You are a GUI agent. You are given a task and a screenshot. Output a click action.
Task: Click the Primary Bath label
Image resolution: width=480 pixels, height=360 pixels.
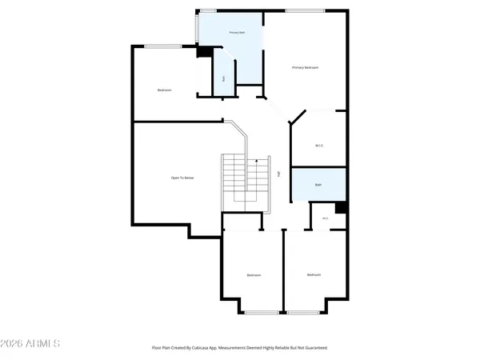(236, 32)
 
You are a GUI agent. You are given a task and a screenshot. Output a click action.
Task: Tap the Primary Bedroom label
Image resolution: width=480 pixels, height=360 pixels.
(305, 68)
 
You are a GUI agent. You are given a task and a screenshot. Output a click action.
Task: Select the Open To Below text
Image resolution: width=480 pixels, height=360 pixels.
(182, 178)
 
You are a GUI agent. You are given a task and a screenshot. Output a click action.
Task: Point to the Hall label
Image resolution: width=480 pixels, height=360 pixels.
(278, 174)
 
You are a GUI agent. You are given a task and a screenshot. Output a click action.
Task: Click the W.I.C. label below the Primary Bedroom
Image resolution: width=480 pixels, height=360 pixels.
(318, 145)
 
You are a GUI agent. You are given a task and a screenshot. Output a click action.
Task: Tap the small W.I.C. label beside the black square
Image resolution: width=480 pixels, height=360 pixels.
(325, 218)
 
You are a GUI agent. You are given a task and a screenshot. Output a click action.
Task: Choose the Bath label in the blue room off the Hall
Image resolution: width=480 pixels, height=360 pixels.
(318, 185)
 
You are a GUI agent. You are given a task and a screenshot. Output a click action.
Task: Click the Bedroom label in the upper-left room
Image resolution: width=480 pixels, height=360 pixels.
(165, 90)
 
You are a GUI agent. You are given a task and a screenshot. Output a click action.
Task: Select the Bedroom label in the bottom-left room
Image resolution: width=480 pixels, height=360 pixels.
(254, 275)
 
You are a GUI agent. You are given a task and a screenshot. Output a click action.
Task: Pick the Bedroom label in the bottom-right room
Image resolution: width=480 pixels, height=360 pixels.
(314, 274)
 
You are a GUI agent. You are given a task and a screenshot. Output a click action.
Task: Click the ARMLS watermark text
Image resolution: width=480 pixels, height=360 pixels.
(30, 344)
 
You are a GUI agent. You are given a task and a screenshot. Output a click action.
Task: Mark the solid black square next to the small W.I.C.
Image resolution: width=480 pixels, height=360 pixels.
(341, 208)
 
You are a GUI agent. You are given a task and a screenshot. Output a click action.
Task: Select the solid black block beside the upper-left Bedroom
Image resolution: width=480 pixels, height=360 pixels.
(203, 51)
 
